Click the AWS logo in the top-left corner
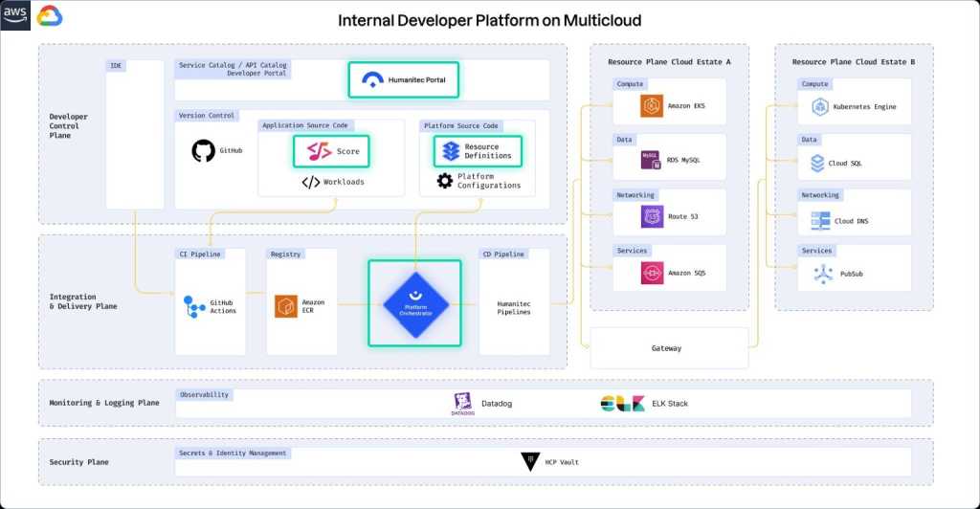[x=16, y=15]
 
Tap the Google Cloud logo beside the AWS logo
[x=50, y=16]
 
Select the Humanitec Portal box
[x=404, y=80]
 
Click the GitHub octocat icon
[x=203, y=151]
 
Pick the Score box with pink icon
[x=330, y=151]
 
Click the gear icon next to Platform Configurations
[x=444, y=181]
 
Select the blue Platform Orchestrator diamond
[x=415, y=302]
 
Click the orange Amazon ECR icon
[x=286, y=305]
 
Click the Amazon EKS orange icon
[x=652, y=106]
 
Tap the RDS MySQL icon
[x=652, y=161]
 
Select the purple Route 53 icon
[x=652, y=217]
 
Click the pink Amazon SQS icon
[x=652, y=273]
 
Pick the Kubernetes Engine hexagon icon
[x=819, y=106]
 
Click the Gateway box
[x=668, y=348]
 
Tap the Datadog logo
[x=462, y=404]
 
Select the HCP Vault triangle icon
[x=530, y=462]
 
